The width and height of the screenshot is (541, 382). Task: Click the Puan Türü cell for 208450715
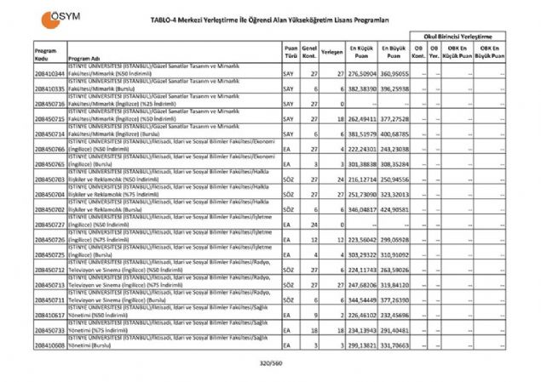[x=291, y=119]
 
